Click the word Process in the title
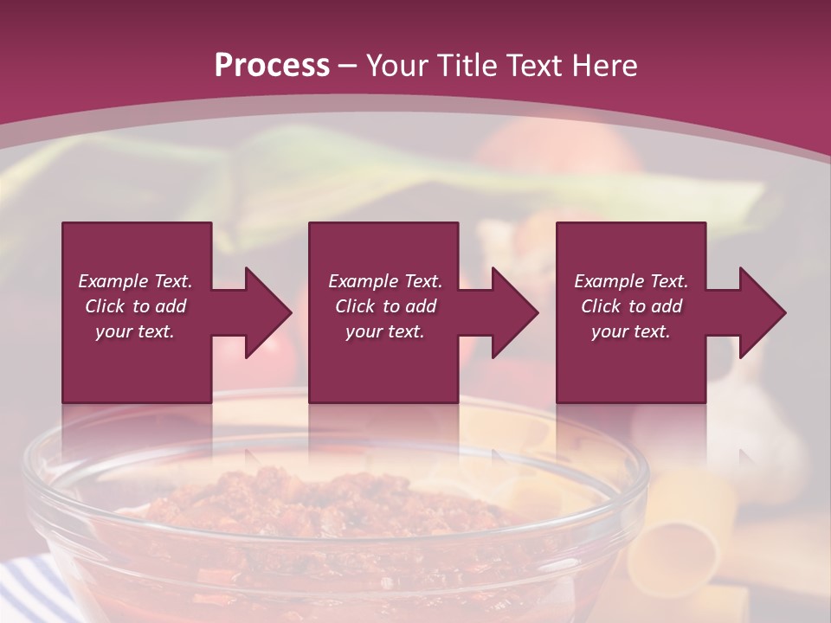(272, 66)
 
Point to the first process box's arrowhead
(267, 312)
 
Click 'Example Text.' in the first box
(135, 281)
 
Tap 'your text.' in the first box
(135, 331)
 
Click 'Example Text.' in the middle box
(385, 281)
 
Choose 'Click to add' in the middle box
(385, 306)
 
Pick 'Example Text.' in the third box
(631, 281)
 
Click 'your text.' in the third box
(631, 331)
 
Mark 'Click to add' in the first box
(135, 306)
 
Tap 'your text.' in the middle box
(385, 331)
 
